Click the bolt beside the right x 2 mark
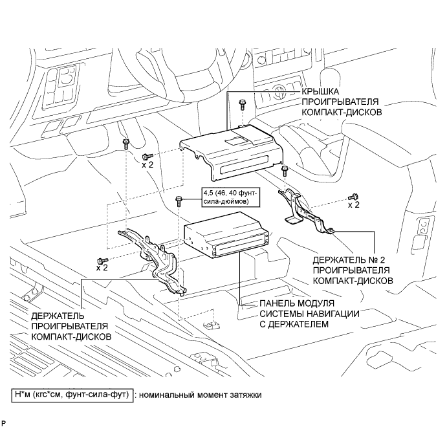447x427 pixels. (x=353, y=197)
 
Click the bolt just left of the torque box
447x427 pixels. (x=179, y=202)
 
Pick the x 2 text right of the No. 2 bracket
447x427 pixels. (x=354, y=205)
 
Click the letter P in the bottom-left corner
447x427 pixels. (x=4, y=422)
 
